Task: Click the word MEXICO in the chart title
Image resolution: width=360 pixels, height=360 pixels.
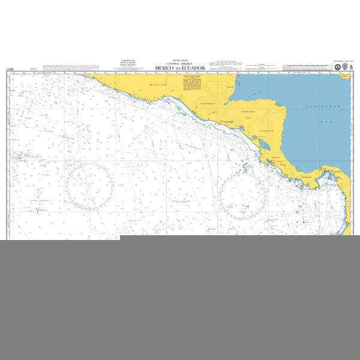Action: coord(164,68)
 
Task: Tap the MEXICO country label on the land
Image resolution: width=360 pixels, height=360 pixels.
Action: coord(157,85)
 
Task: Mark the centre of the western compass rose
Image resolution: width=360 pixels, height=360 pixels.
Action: coord(89,187)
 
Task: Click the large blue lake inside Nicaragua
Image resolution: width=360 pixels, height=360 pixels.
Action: coord(263,144)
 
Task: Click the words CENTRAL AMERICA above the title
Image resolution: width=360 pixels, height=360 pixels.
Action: coord(179,63)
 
